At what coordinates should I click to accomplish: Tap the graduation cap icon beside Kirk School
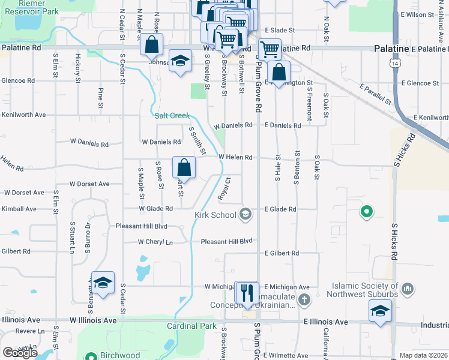[x=245, y=214]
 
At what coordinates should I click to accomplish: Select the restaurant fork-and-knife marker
[x=247, y=292]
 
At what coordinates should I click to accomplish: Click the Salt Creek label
[x=172, y=116]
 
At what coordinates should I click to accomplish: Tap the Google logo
[x=20, y=353]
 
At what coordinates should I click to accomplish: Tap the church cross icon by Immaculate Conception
[x=304, y=299]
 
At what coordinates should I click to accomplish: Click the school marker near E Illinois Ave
[x=380, y=311]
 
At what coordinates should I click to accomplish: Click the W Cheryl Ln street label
[x=155, y=242]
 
